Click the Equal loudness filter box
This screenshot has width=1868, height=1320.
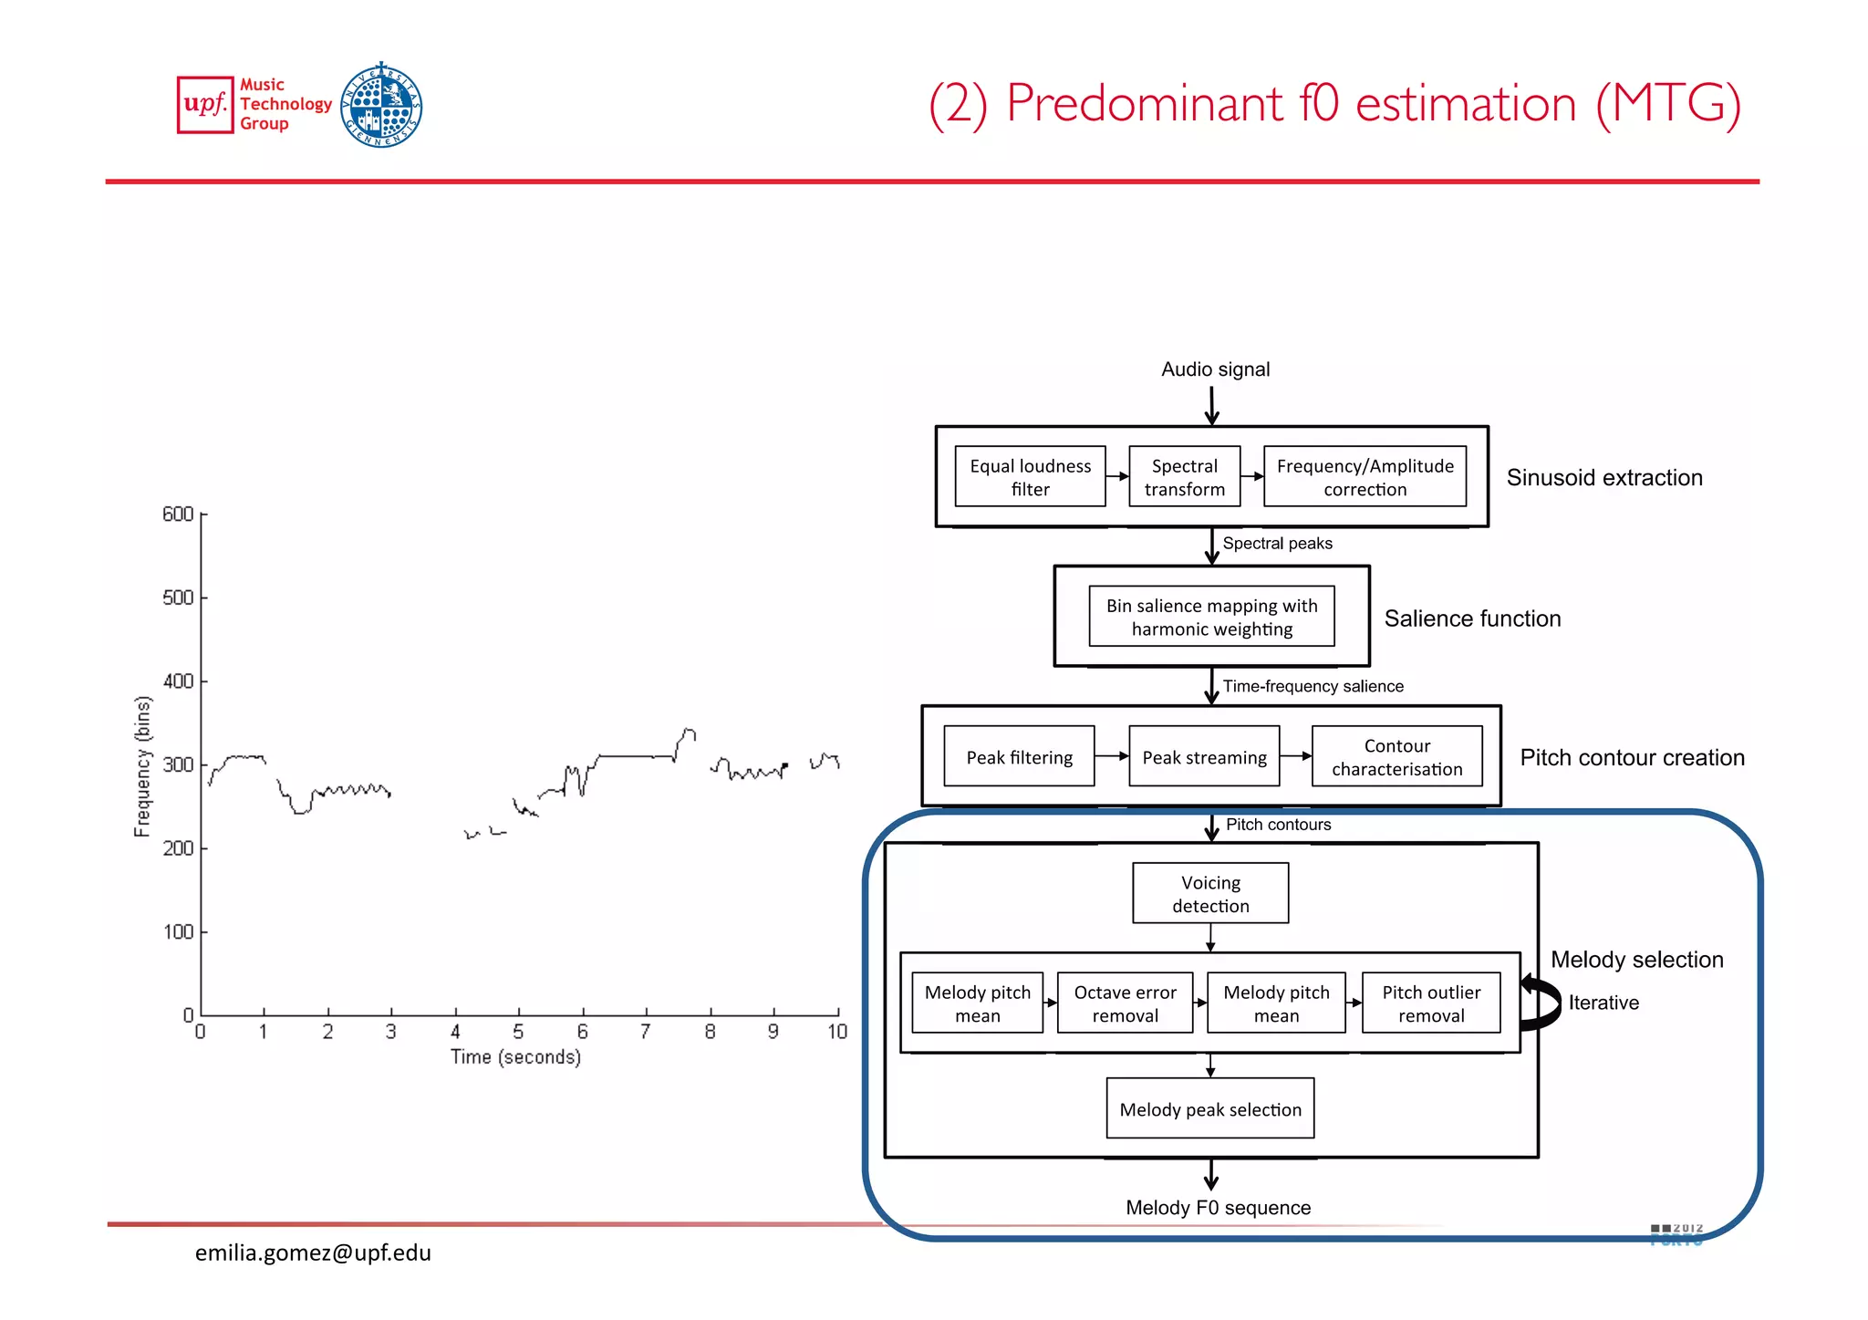pos(1030,476)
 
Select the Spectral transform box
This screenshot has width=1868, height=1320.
pos(1184,476)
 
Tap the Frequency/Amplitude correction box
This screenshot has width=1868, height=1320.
pos(1365,476)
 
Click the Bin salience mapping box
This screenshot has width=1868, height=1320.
pos(1211,617)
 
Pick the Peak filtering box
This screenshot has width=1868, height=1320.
pos(1019,756)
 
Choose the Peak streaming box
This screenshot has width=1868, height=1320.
pos(1204,756)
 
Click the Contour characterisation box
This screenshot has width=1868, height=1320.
pos(1396,756)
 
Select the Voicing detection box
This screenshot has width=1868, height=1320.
pos(1210,893)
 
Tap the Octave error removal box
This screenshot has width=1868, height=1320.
pos(1125,1003)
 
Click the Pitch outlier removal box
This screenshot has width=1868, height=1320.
pos(1431,1003)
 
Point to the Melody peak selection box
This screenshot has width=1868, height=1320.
pos(1210,1108)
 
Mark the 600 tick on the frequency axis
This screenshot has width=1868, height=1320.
pos(178,514)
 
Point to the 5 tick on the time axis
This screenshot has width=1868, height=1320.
pos(518,1031)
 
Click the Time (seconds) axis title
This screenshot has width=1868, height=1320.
pos(515,1056)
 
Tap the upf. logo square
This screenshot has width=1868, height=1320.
pos(205,105)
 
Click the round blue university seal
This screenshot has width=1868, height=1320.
pos(381,105)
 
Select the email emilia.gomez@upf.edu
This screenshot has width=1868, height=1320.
pos(313,1252)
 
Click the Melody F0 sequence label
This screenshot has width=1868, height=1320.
pos(1218,1207)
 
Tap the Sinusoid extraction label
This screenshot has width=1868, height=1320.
pos(1603,477)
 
